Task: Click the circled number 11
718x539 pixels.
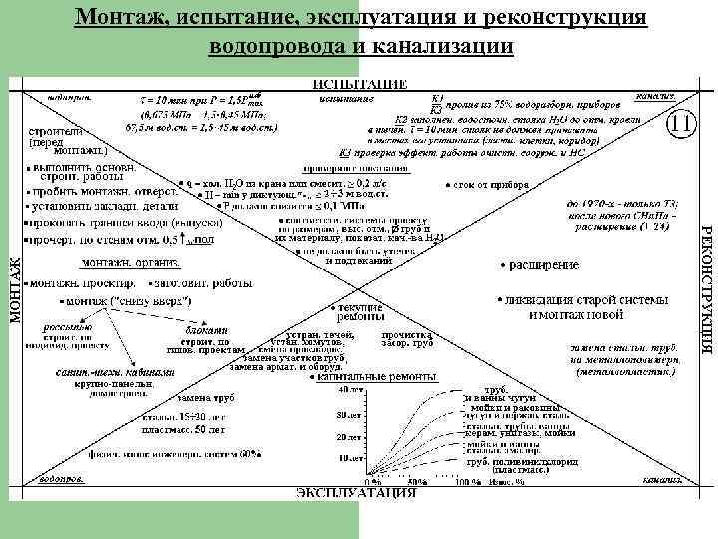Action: (x=679, y=124)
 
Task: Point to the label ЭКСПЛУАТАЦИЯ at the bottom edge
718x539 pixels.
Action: (x=356, y=491)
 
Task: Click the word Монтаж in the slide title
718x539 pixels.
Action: (x=120, y=18)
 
